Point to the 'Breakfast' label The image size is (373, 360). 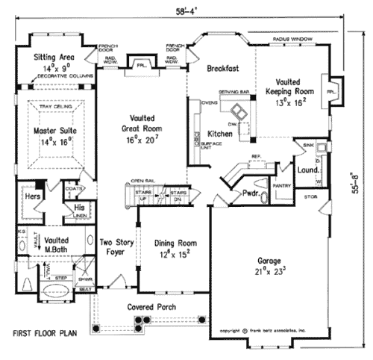tap(222, 68)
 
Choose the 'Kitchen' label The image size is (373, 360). tap(221, 133)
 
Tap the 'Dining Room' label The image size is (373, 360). tap(175, 243)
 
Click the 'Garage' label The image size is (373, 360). tap(269, 261)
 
